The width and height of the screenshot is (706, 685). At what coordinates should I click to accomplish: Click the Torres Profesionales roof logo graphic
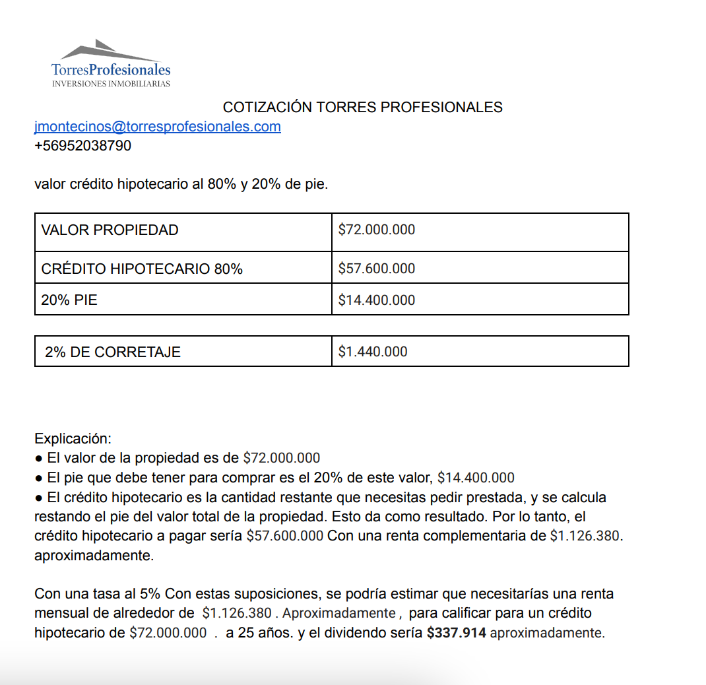point(110,51)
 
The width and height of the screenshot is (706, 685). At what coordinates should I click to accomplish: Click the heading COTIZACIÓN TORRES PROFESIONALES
point(362,107)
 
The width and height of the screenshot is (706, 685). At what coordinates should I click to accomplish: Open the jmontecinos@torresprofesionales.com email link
point(158,127)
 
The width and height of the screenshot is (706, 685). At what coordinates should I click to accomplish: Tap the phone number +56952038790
point(82,146)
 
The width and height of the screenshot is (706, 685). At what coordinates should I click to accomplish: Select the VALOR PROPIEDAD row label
point(110,230)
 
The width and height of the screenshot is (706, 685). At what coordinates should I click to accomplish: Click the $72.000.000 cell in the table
point(377,230)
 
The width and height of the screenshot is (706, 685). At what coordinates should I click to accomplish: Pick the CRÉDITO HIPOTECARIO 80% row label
point(142,269)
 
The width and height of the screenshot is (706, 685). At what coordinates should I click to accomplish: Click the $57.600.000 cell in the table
point(377,269)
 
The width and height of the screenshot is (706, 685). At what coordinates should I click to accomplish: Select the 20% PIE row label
point(69,300)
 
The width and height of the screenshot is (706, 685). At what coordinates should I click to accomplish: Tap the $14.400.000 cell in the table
point(377,300)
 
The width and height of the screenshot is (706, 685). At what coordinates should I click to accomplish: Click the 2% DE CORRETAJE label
point(113,352)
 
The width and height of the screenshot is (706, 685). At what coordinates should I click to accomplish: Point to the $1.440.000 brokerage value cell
point(373,352)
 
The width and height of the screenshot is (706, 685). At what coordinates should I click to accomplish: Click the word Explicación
point(73,439)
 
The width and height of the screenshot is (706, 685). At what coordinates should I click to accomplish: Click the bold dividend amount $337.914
point(457,633)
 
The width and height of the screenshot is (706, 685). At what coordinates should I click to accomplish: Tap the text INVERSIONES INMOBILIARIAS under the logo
point(111,84)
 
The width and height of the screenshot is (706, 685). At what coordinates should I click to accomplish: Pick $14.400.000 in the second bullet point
point(476,478)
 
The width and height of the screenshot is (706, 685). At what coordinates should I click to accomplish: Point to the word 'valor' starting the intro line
point(50,184)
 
